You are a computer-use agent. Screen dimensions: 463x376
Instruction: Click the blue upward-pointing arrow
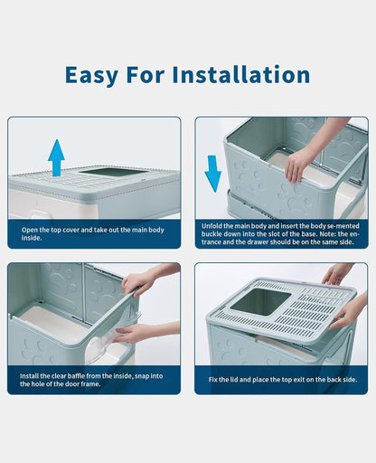[x=56, y=156]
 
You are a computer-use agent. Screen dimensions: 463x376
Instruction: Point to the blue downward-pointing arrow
[x=212, y=173]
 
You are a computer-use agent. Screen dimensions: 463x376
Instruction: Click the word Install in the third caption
[x=33, y=373]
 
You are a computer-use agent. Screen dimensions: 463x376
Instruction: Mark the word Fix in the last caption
[x=213, y=380]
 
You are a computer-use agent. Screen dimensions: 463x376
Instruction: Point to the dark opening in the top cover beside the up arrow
[x=108, y=171]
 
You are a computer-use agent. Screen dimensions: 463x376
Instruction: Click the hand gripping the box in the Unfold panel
[x=299, y=161]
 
